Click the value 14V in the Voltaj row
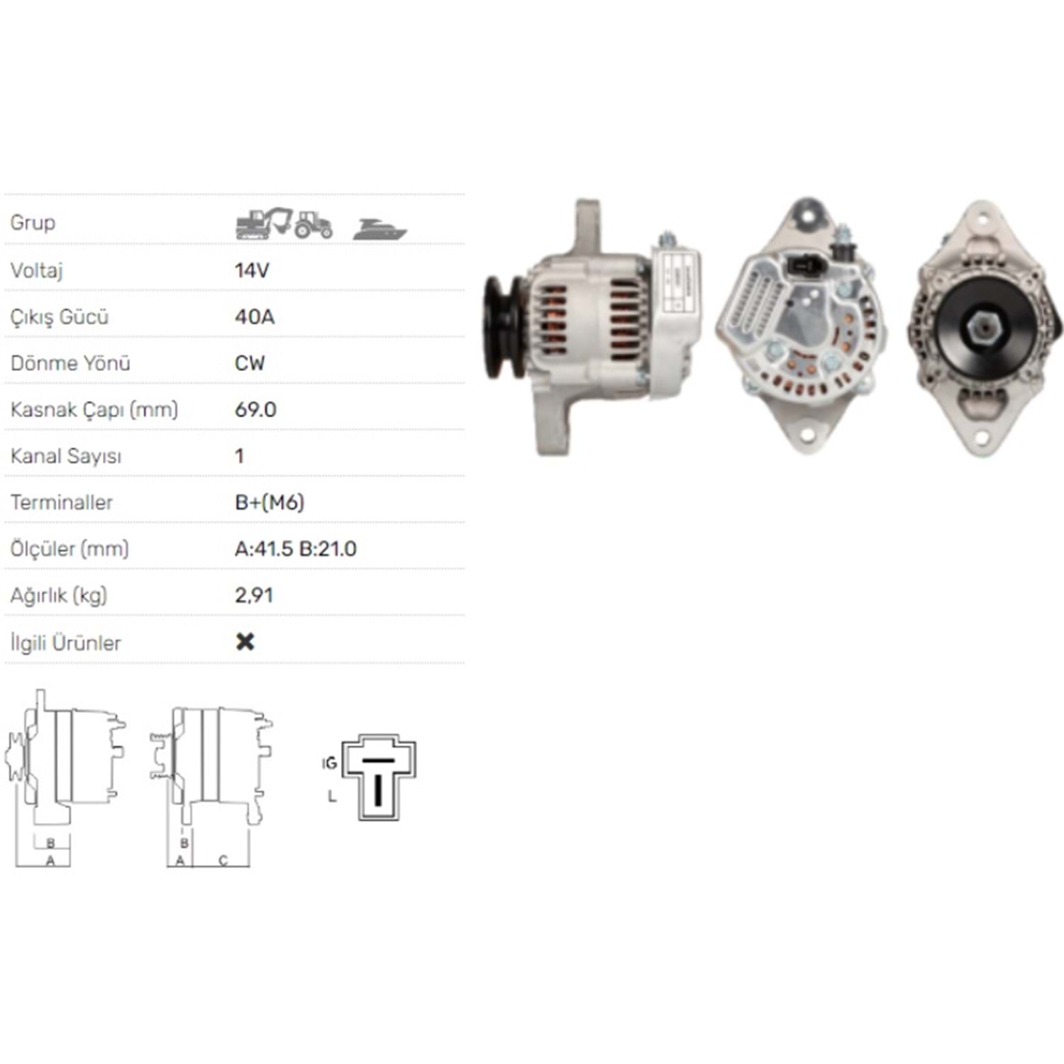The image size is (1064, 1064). [252, 270]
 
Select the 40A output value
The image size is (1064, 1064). [255, 316]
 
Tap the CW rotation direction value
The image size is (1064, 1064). [250, 363]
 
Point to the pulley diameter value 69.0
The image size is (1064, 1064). [255, 409]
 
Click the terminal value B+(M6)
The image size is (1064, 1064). [270, 502]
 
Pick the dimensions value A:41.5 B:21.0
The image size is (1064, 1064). [296, 548]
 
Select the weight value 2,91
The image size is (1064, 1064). [254, 595]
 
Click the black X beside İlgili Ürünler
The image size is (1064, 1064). [245, 641]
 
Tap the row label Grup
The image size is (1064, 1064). [33, 223]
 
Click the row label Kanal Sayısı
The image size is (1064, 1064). [66, 456]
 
